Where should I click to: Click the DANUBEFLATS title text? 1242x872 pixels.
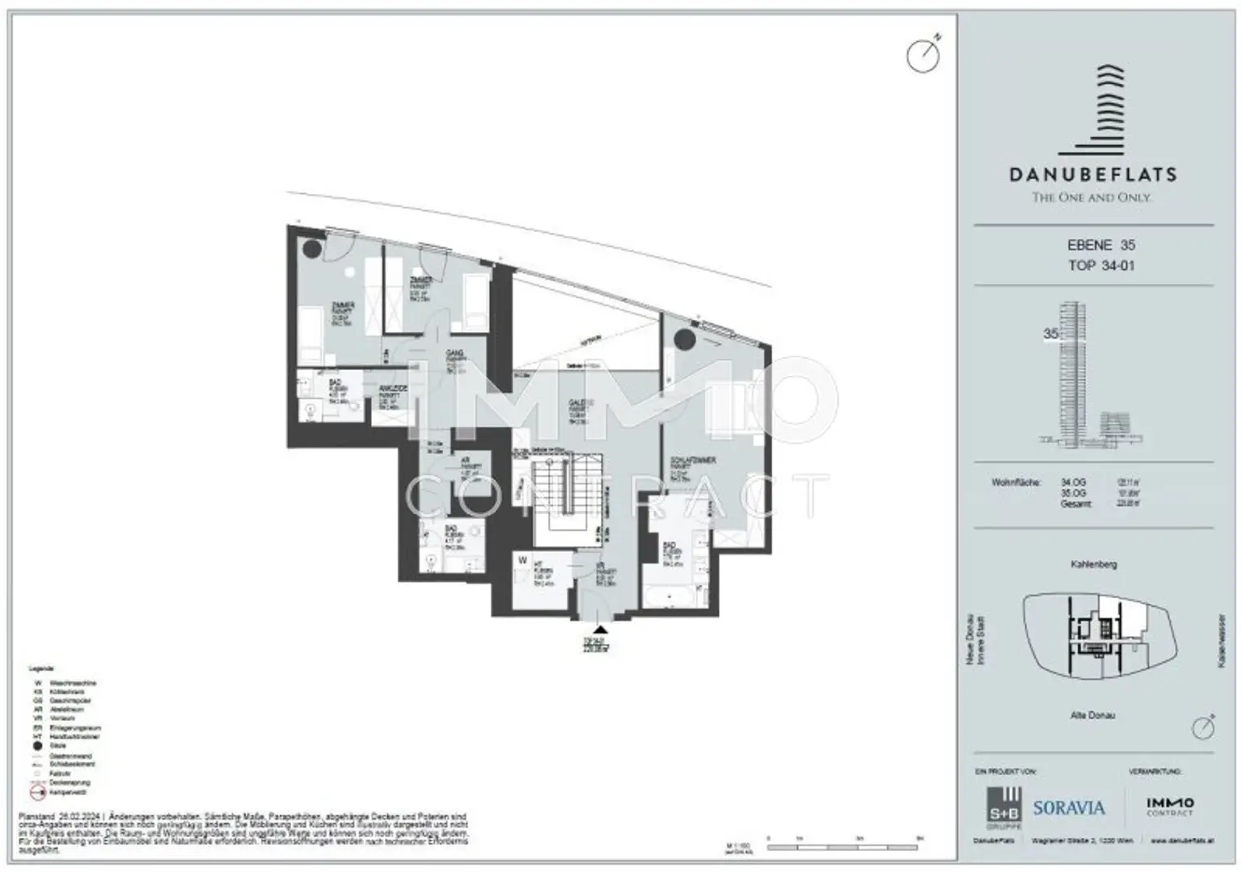tap(1092, 174)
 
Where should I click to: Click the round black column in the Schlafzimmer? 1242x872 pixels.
tap(685, 339)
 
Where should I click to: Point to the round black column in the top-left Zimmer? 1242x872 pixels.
tap(312, 248)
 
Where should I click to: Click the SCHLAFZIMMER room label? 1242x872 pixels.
tap(693, 461)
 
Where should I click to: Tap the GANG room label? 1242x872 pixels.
tap(454, 354)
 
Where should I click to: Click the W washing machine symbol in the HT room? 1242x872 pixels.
tap(523, 561)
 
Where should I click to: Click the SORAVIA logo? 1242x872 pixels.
tap(1068, 807)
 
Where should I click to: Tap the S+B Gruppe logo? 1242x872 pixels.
tap(1003, 807)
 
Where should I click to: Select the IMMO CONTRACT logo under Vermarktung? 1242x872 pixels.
tap(1169, 806)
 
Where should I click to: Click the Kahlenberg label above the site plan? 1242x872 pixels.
tap(1093, 564)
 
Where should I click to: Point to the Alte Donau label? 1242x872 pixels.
tap(1092, 715)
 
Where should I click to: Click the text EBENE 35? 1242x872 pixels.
tap(1100, 245)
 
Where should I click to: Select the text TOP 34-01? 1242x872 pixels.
tap(1100, 265)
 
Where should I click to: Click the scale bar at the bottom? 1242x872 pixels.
tap(844, 848)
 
